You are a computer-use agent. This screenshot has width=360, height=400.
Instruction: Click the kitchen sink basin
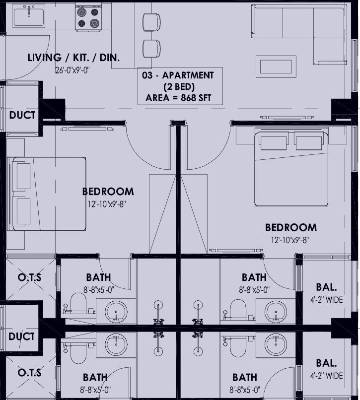29,17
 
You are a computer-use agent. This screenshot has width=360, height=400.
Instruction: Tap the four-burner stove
88,17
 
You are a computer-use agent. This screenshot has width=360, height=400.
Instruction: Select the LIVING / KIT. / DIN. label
73,58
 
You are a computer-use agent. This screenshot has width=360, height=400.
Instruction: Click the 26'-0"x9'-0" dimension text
73,70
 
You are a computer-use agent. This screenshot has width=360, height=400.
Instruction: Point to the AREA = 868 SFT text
178,98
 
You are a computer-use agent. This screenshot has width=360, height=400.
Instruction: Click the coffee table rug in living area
276,67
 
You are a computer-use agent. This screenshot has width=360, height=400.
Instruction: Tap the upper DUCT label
22,115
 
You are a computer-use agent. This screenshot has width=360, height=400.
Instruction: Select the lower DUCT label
21,336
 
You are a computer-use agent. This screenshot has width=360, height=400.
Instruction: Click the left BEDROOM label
108,192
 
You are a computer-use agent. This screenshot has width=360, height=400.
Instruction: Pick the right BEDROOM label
291,227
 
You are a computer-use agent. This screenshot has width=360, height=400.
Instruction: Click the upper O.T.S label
30,277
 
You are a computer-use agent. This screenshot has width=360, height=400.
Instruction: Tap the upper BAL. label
326,287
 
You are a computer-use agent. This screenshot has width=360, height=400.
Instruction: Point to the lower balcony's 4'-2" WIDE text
326,376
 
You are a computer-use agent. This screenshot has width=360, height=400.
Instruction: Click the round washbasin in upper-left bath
116,312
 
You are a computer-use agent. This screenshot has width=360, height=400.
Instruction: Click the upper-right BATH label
254,277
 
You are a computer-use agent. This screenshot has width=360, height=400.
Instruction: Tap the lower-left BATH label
95,377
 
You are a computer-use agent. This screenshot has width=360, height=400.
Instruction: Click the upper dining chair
151,22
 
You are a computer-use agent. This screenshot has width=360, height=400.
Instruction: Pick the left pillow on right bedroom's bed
274,143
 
